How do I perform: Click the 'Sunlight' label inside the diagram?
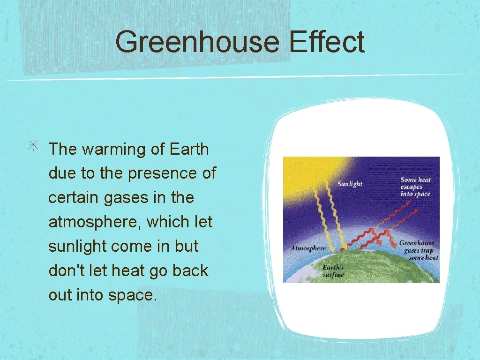pos(350,184)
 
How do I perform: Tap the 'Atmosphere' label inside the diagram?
pos(308,248)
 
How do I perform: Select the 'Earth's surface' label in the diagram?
pos(333,271)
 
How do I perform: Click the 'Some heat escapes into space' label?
pos(415,187)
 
